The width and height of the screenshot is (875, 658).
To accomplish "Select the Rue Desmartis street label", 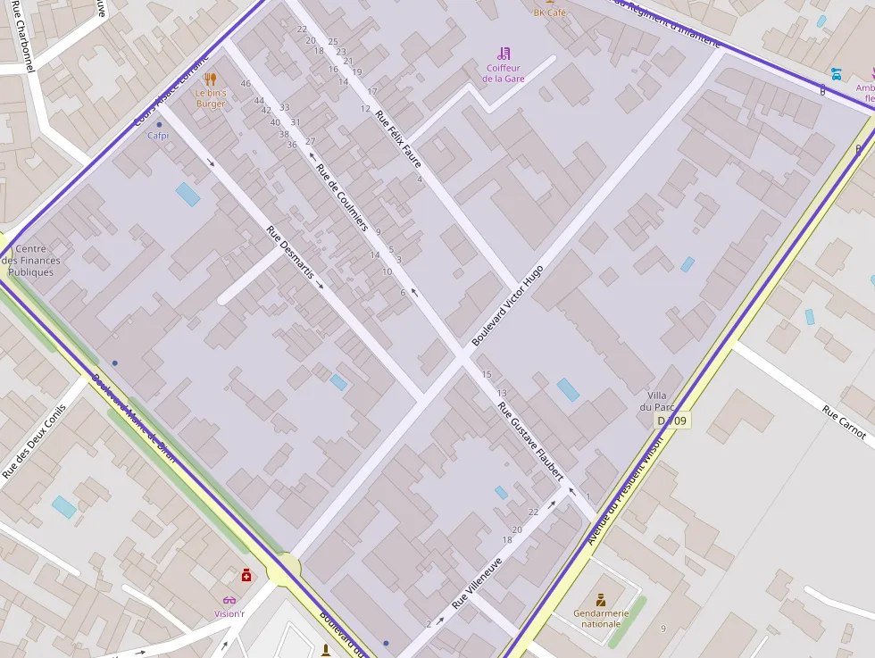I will click(289, 254).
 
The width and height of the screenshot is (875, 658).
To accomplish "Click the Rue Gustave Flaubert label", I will click(530, 442).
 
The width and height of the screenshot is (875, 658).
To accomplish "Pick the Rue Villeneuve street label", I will click(477, 583).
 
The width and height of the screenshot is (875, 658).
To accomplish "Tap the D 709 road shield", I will click(672, 421).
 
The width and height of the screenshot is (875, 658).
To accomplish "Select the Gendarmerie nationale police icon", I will click(601, 598).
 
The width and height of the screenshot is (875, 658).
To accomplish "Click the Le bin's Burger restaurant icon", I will click(211, 79).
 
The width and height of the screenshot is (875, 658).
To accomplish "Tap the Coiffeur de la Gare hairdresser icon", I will click(504, 54).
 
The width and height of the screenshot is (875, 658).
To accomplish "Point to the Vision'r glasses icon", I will click(229, 600).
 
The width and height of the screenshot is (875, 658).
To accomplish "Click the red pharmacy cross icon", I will click(246, 575).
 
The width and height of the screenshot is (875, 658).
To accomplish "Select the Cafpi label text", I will click(158, 136).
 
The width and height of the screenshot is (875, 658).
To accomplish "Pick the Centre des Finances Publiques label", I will click(37, 261).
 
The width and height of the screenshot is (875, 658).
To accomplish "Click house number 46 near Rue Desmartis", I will click(246, 84).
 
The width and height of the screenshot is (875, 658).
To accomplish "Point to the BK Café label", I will click(550, 12).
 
